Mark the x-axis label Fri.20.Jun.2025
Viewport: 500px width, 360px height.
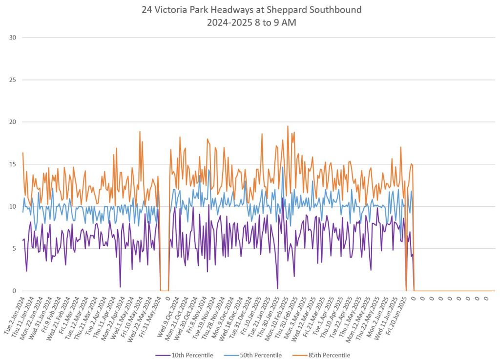click(x=396, y=317)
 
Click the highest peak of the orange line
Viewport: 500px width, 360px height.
click(x=288, y=126)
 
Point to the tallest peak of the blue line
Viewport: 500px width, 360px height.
click(x=283, y=167)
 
